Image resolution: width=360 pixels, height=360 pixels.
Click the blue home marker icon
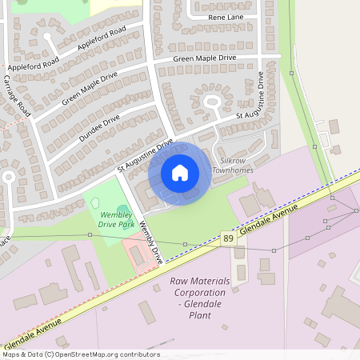[180, 173]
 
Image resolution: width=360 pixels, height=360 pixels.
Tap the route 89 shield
[229, 238]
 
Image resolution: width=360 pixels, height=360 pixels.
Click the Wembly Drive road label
[151, 242]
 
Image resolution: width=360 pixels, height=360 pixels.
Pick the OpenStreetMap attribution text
[80, 354]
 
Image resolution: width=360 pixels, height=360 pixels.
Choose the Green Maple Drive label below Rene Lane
[205, 58]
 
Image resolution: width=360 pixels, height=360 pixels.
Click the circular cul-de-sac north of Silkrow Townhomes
[212, 102]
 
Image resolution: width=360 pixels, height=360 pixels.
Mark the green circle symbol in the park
[122, 210]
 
